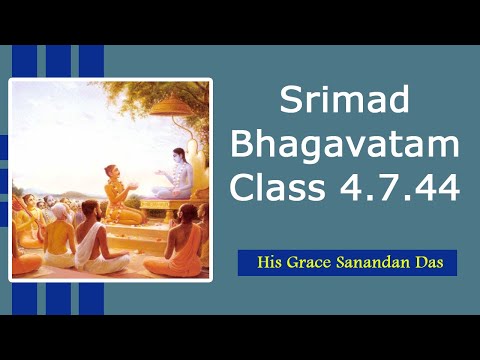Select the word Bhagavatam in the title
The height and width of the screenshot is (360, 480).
(344, 144)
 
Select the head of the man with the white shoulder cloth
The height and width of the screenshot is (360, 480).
(90, 211)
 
